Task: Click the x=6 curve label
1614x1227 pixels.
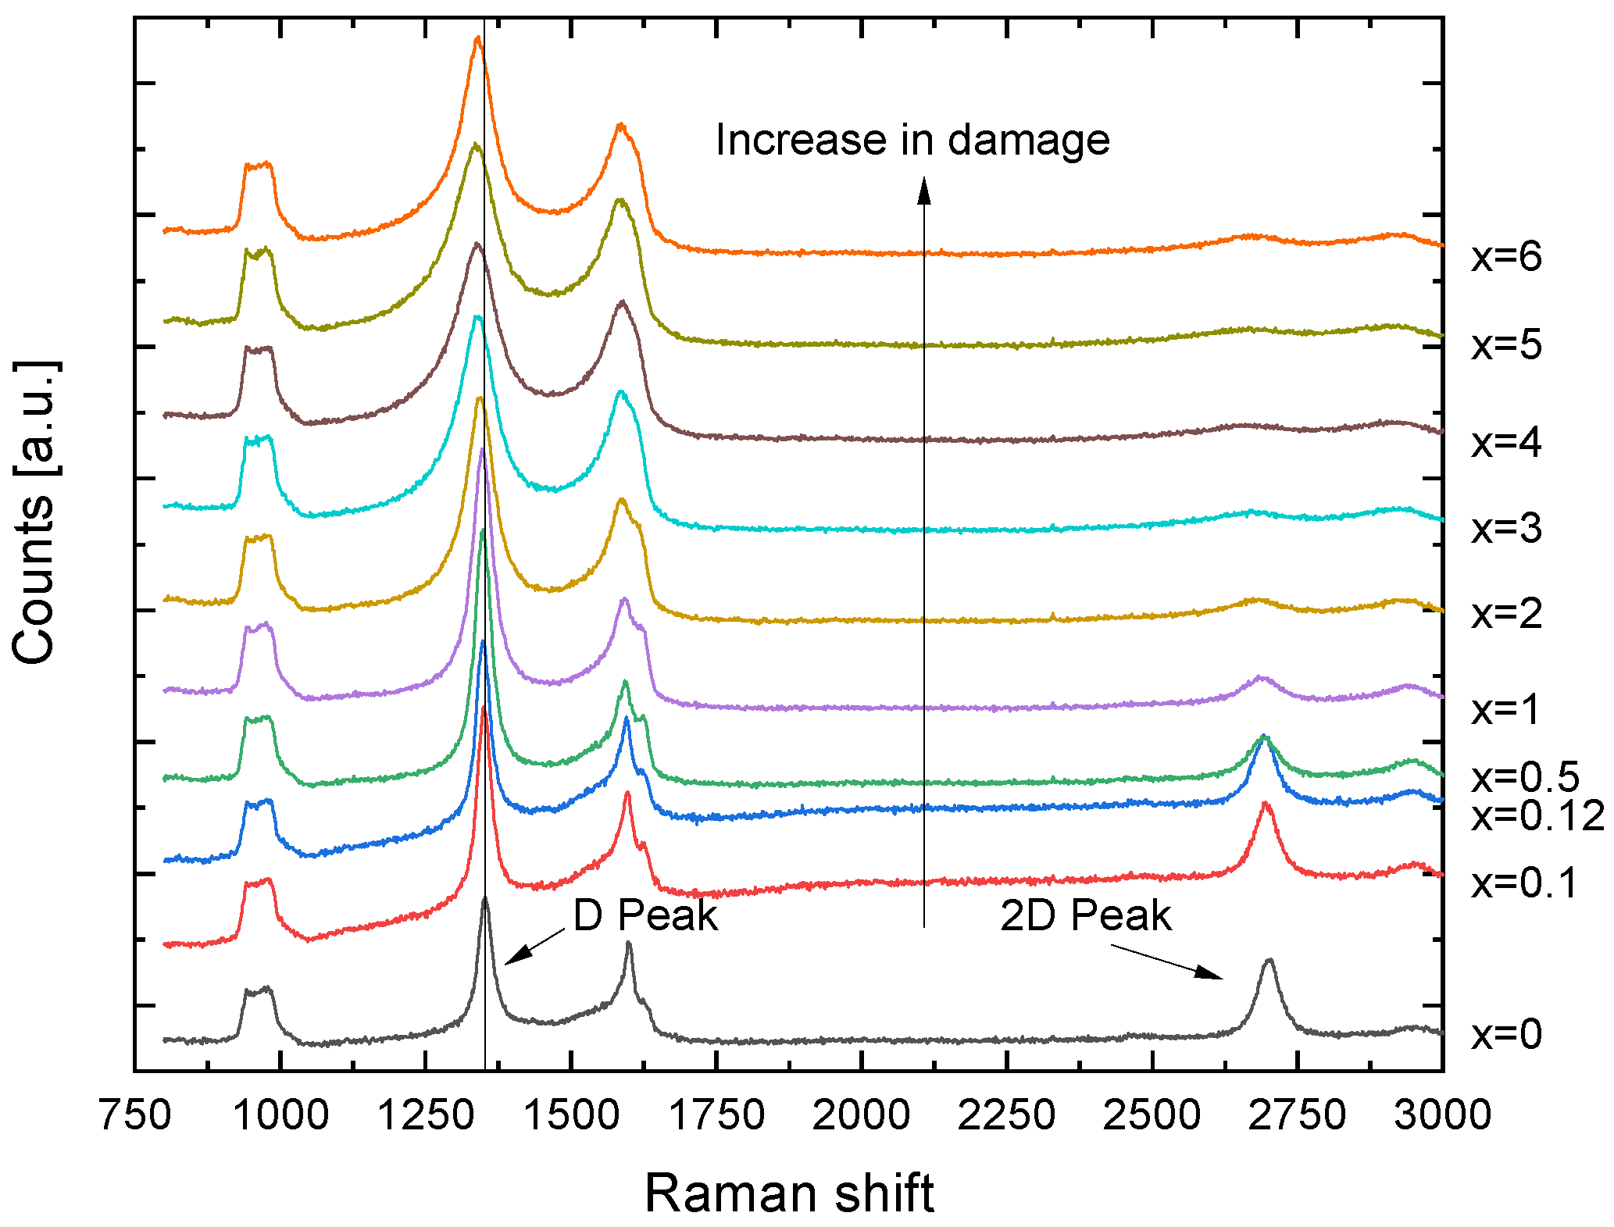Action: click(1506, 257)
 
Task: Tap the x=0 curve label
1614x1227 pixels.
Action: click(1506, 1034)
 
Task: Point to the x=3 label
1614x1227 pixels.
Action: click(1506, 529)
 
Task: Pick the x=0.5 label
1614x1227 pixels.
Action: click(1525, 777)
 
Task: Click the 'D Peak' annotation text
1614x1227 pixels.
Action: click(645, 915)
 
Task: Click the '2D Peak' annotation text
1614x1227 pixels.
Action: click(1086, 915)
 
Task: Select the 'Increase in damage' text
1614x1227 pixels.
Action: click(912, 141)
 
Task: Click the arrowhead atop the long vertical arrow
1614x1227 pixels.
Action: click(924, 190)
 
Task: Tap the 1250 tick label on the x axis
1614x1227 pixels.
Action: click(425, 1115)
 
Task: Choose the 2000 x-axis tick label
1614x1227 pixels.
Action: click(861, 1115)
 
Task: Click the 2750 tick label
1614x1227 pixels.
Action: click(1297, 1115)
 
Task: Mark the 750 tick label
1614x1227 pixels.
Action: click(135, 1115)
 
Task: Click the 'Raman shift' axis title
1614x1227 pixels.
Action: click(789, 1193)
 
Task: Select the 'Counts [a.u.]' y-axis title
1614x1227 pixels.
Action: click(35, 512)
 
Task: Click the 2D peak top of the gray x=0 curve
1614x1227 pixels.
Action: click(1269, 961)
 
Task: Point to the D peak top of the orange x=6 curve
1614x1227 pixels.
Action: click(478, 39)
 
